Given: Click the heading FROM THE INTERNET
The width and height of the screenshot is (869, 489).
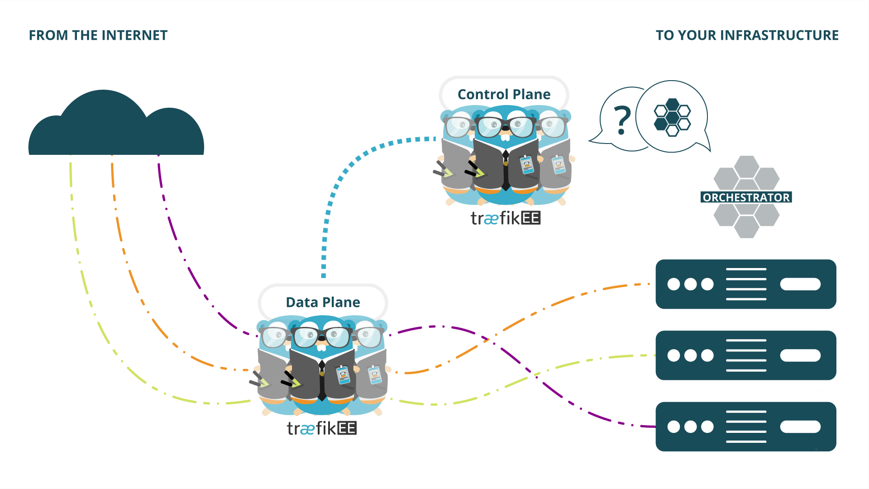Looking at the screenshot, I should click(x=98, y=35).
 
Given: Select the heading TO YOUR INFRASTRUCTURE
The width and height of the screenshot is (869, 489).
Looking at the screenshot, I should click(x=747, y=35).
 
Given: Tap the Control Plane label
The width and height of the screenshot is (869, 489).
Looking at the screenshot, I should click(x=504, y=94).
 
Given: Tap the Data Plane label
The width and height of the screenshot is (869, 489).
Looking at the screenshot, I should click(x=323, y=302).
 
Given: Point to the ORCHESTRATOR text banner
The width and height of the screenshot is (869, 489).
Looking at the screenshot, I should click(x=746, y=197).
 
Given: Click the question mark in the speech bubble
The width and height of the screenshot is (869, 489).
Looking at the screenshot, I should click(x=622, y=120).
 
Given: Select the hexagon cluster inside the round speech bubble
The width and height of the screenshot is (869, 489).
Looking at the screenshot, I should click(x=672, y=117).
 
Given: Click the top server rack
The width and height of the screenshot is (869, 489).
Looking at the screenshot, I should click(x=745, y=284).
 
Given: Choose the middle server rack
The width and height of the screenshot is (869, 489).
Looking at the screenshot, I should click(x=745, y=355).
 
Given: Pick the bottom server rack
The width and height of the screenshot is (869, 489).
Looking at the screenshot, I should click(x=745, y=426).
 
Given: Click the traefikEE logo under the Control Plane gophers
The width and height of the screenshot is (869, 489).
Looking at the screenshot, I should click(x=505, y=218).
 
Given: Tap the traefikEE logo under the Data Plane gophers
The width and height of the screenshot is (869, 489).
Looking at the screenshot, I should click(x=321, y=428).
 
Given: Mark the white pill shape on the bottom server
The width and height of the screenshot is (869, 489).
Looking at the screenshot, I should click(x=800, y=427).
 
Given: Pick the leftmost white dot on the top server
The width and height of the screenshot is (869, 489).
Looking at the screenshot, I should click(x=673, y=284).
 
